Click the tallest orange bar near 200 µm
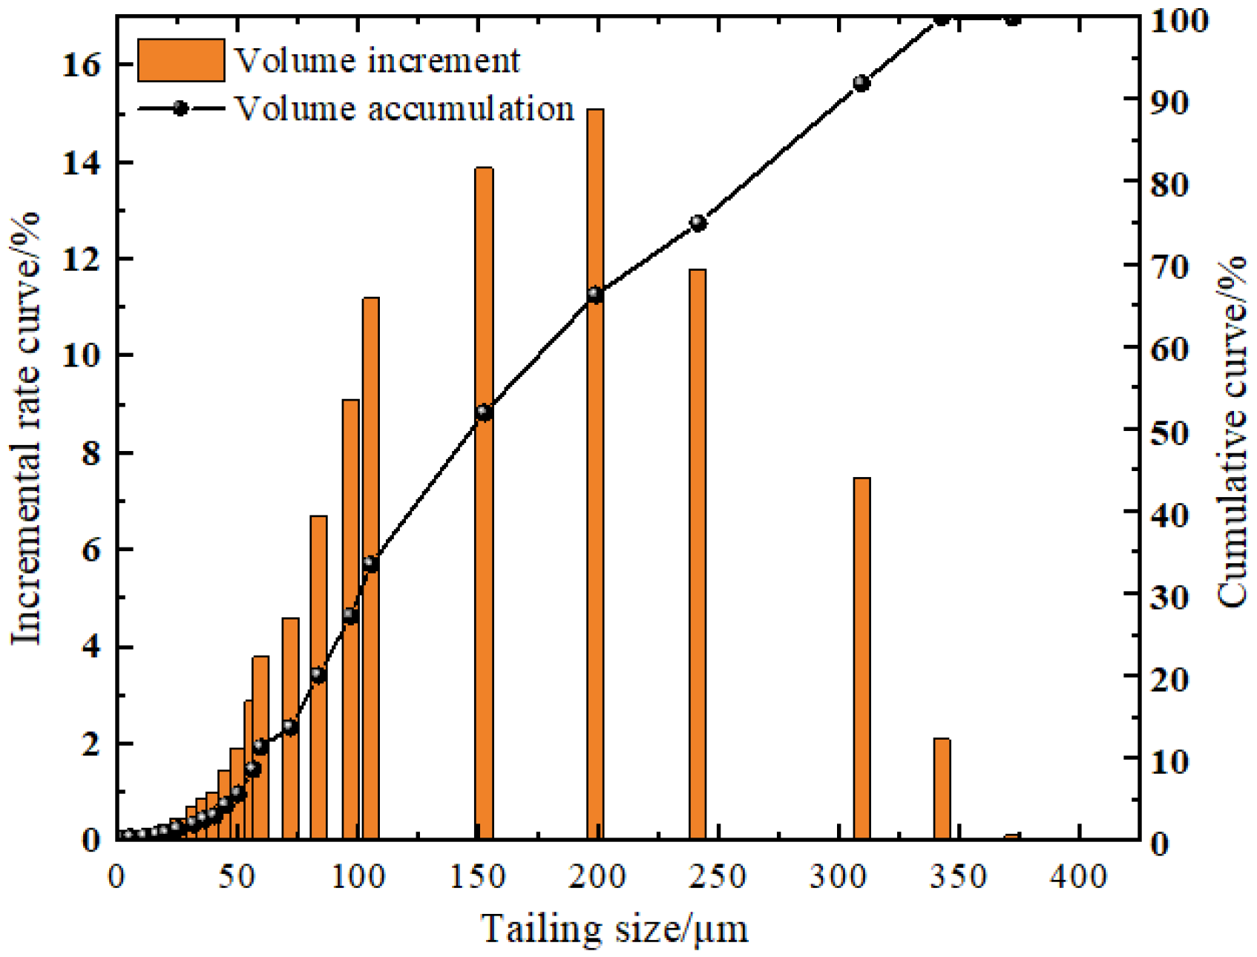(595, 475)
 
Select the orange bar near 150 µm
(484, 504)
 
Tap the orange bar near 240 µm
(698, 556)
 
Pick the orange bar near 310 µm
(861, 660)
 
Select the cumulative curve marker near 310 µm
(861, 83)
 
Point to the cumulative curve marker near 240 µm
(698, 223)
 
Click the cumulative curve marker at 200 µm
(595, 295)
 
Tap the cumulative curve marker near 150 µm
(484, 413)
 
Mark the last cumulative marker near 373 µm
(1013, 19)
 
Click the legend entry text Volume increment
(377, 61)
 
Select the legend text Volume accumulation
(404, 109)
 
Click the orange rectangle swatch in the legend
(181, 60)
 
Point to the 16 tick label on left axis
(81, 65)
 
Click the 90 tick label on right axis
(1169, 102)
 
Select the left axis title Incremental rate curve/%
(27, 428)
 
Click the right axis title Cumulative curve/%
(1232, 430)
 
